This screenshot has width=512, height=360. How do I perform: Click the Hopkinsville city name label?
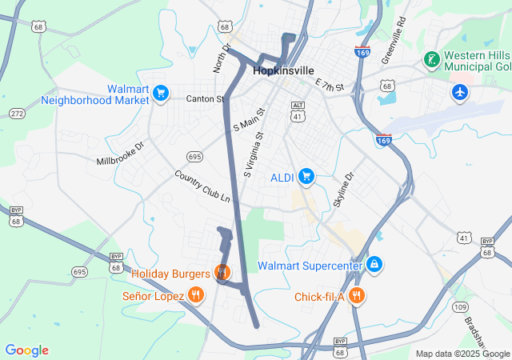coord(283,70)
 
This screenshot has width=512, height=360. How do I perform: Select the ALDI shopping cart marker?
coord(305,175)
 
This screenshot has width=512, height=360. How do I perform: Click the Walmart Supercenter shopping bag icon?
coord(374,264)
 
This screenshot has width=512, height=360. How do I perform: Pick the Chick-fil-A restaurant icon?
coord(357,295)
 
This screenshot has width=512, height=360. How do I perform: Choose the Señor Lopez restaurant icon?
coord(196,295)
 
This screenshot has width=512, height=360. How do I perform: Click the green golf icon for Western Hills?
coord(431,60)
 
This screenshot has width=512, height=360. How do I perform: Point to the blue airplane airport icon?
coord(459,92)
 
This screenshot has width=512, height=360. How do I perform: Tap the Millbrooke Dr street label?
coord(120,151)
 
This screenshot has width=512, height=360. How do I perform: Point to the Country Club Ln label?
coord(202,186)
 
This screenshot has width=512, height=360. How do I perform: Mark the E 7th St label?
coord(329,86)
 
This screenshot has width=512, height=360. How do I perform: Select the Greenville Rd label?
coord(394,38)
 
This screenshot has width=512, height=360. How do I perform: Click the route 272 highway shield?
coord(16,114)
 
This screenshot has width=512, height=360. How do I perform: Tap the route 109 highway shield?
coord(459,307)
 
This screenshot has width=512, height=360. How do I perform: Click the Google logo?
coord(26,350)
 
